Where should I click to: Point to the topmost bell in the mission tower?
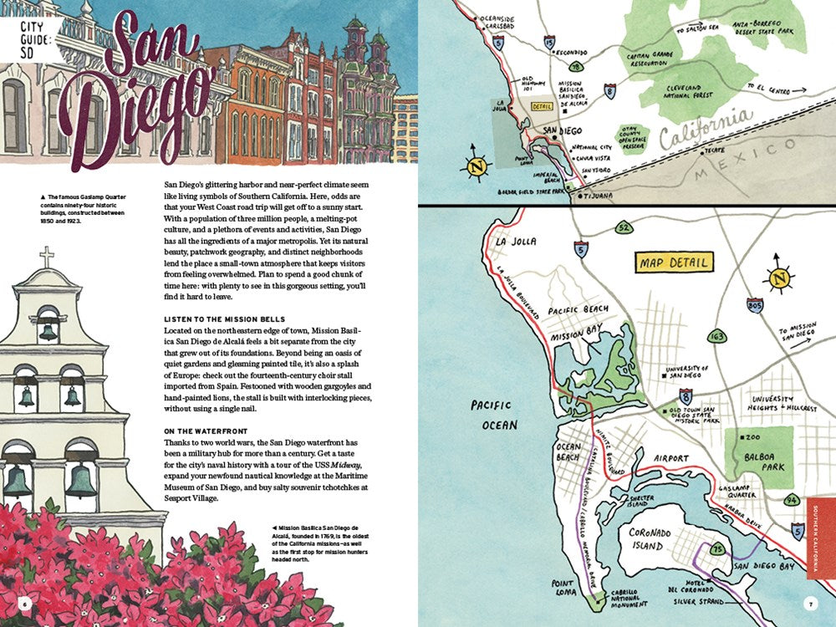(48, 329)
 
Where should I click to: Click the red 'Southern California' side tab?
(821, 538)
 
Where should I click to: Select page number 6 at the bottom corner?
(25, 603)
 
